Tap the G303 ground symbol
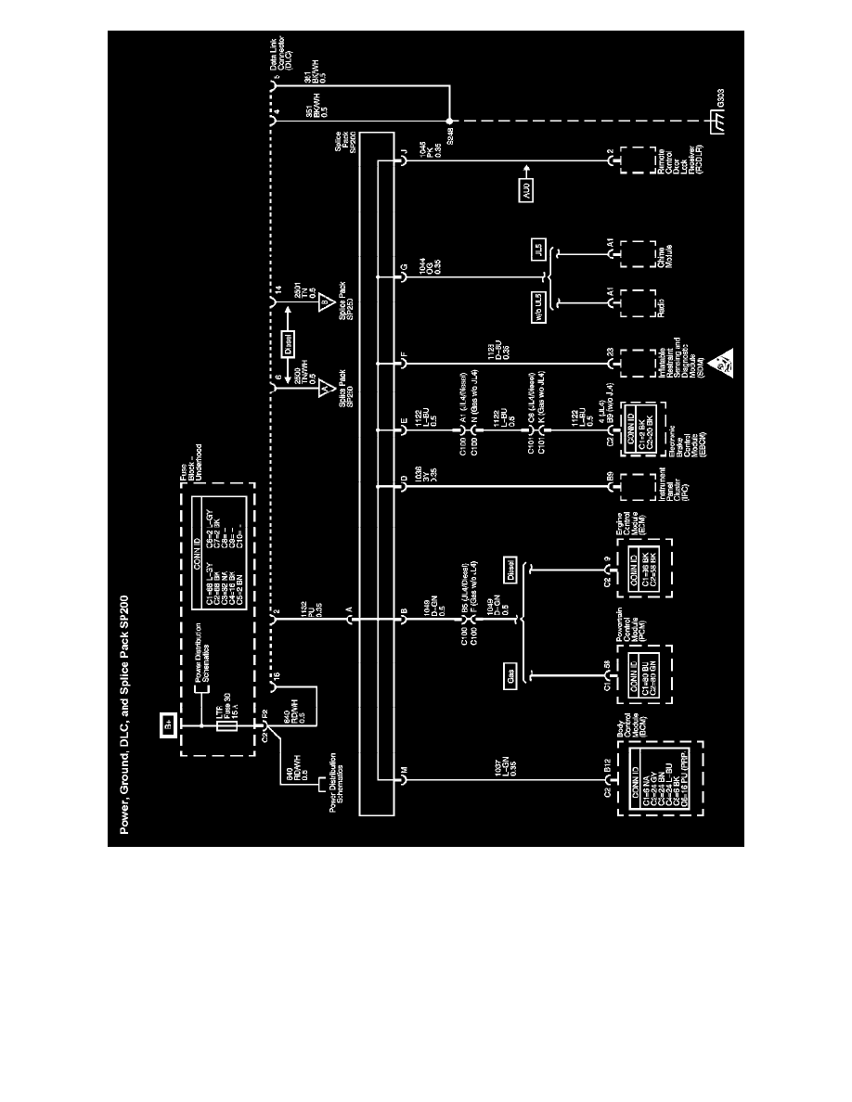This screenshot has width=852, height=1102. tap(716, 121)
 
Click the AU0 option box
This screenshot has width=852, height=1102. tap(526, 194)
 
